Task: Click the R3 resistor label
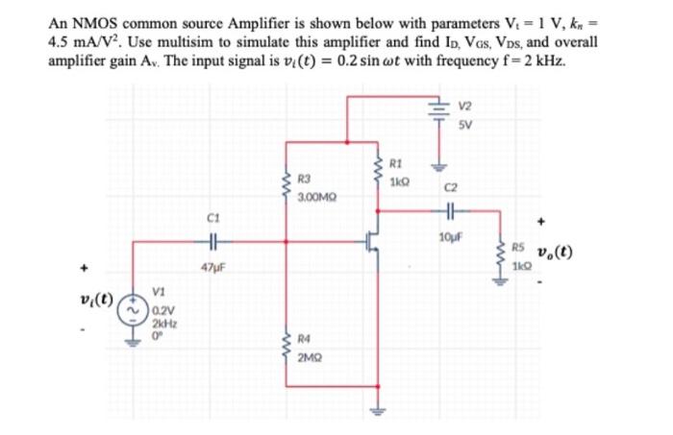tap(305, 179)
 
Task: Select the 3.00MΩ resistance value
tap(315, 195)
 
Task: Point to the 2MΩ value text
tap(310, 356)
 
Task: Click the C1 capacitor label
tap(212, 217)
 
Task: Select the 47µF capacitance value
tap(212, 264)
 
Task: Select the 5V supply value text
tap(465, 123)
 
